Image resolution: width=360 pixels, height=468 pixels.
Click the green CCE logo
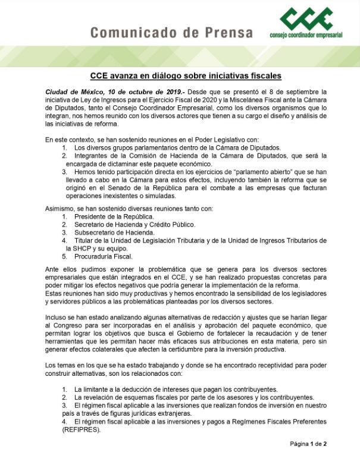pyautogui.click(x=307, y=18)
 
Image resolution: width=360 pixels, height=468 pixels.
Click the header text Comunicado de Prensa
pyautogui.click(x=172, y=33)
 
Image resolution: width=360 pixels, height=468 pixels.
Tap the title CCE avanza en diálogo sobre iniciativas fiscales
pyautogui.click(x=186, y=76)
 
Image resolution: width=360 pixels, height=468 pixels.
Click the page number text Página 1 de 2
pyautogui.click(x=308, y=444)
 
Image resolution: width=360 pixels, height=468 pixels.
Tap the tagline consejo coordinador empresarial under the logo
pyautogui.click(x=306, y=35)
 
